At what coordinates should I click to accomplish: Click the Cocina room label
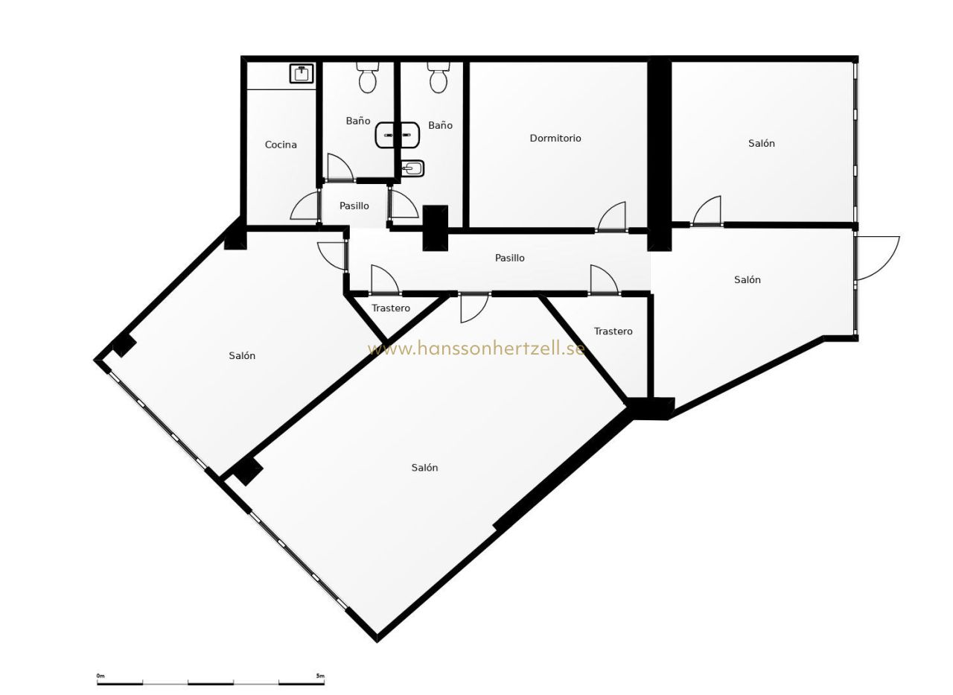tap(281, 145)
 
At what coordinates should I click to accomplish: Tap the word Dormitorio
tap(555, 138)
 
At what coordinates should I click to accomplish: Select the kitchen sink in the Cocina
tap(302, 73)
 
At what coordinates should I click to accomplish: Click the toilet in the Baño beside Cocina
tap(368, 78)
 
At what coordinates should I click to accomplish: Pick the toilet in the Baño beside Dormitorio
tap(439, 77)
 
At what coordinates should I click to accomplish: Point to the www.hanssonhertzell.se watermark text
tap(476, 349)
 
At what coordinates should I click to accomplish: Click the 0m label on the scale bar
tap(101, 676)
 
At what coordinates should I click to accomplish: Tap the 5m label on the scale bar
tap(320, 676)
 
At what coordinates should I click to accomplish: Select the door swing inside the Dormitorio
tap(613, 216)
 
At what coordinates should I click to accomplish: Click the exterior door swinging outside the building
tap(877, 258)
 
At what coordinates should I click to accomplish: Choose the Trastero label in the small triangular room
tap(391, 308)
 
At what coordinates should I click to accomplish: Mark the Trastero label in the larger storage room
tap(613, 331)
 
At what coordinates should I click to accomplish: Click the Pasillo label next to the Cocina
tap(354, 206)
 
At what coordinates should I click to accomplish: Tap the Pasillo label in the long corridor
tap(510, 258)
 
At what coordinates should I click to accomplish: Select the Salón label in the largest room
tap(424, 468)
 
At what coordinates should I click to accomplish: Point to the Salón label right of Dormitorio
tap(762, 144)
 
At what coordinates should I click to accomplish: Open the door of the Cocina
tap(305, 206)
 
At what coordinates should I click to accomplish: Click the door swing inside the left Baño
tap(340, 167)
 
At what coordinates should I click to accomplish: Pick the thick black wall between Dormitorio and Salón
tap(660, 154)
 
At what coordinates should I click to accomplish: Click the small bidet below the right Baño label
tap(412, 168)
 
